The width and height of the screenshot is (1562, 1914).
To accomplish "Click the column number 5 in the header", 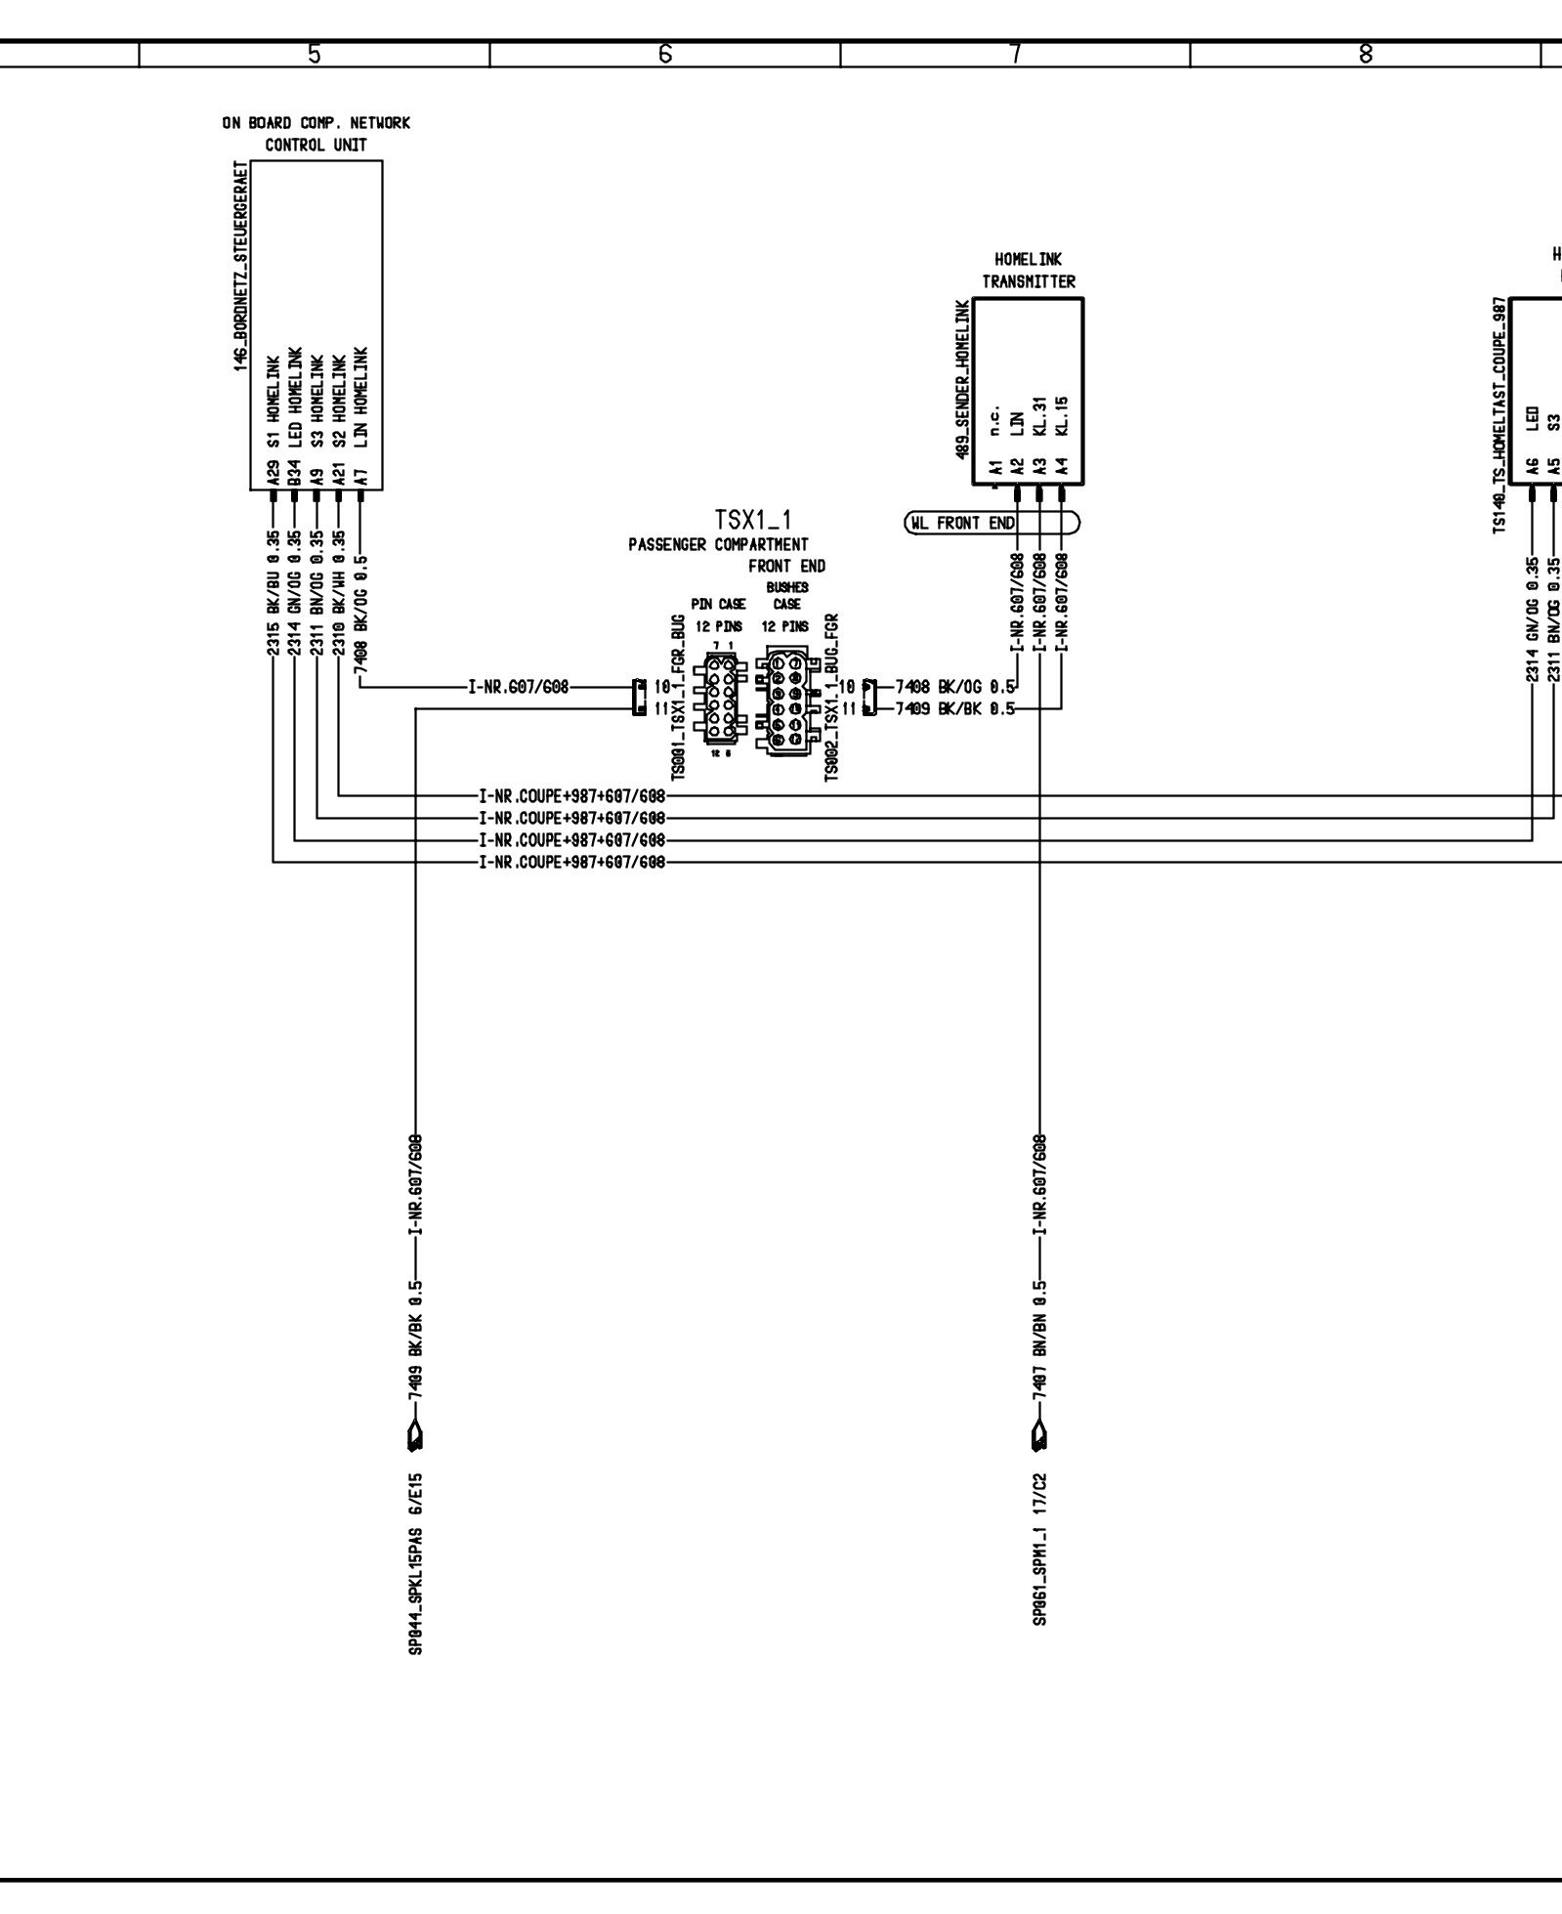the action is pyautogui.click(x=314, y=55).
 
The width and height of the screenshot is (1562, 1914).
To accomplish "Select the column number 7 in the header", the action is pyautogui.click(x=1015, y=55).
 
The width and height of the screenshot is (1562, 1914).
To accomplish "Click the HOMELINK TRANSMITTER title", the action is pyautogui.click(x=1028, y=271).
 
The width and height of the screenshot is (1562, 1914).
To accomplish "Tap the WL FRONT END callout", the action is pyautogui.click(x=991, y=524).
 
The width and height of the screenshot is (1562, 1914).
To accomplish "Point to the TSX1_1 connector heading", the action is pyautogui.click(x=752, y=519).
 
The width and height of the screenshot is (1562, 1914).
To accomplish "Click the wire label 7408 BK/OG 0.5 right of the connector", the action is pyautogui.click(x=955, y=687).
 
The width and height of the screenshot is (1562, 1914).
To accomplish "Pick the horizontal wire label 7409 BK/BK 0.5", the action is pyautogui.click(x=955, y=709).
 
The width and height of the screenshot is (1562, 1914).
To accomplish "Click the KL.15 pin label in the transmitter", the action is pyautogui.click(x=1063, y=416).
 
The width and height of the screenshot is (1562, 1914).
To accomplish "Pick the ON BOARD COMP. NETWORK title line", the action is pyautogui.click(x=316, y=123).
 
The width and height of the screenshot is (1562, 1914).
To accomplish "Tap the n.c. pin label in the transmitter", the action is pyautogui.click(x=995, y=423).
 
